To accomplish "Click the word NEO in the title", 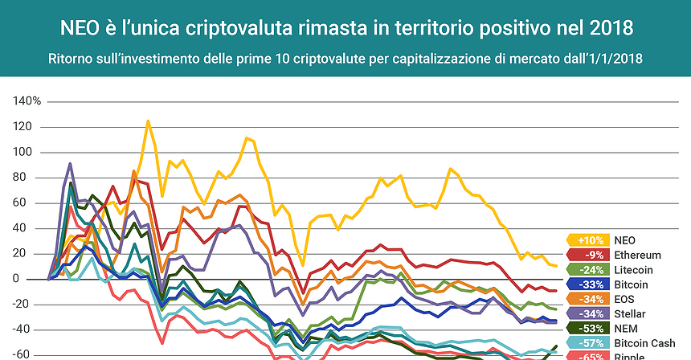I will coord(80,28).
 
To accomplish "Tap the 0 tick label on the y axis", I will coord(37,279).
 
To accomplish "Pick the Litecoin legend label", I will coord(634,269).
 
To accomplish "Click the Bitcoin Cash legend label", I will coord(643,342).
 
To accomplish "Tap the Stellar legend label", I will coord(630,313).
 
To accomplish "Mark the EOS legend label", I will coord(624,299).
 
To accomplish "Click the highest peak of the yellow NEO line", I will coord(148,121).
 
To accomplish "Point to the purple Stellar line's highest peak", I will coord(71,163).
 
